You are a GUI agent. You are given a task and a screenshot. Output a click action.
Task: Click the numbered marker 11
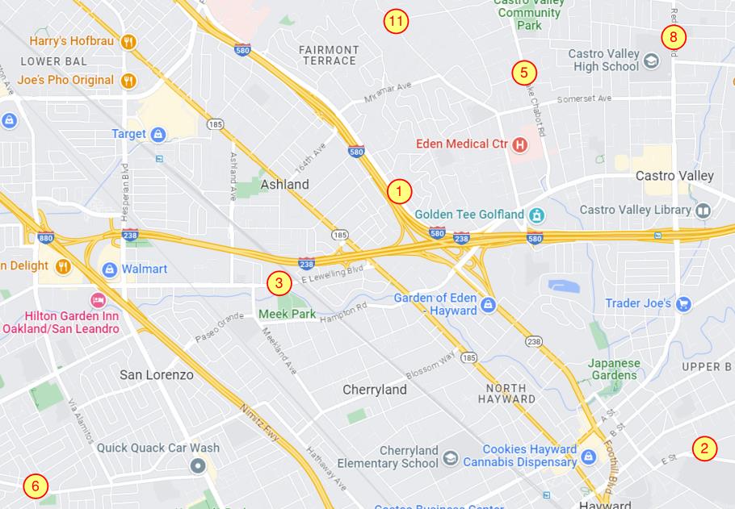[x=395, y=22]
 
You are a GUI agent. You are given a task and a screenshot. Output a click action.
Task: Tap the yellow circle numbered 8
[x=673, y=37]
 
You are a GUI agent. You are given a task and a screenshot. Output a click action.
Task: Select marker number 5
[x=523, y=73]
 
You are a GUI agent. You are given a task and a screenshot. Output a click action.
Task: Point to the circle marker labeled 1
[x=399, y=192]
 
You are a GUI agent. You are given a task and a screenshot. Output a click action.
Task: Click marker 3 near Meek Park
[x=279, y=283]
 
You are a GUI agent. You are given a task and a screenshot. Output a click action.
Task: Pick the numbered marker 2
[x=704, y=449]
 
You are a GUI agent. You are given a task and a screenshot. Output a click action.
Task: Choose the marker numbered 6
[x=35, y=486]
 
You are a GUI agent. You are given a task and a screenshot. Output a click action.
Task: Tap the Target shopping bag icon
[x=158, y=134]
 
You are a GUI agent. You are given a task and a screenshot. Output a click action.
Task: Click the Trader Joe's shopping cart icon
[x=683, y=303]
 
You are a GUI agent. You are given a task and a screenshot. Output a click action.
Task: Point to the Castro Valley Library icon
[x=703, y=210]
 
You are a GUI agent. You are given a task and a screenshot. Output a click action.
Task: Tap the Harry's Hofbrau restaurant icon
[x=128, y=41]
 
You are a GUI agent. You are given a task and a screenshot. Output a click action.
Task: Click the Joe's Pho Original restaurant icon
[x=128, y=80]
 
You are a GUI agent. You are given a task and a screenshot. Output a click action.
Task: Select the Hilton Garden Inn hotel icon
[x=98, y=300]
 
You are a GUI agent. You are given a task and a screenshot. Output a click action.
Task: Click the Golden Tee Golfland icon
[x=535, y=215]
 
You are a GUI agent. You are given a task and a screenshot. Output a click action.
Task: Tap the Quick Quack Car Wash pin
[x=198, y=465]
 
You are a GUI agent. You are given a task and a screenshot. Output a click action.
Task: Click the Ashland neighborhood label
[x=284, y=185]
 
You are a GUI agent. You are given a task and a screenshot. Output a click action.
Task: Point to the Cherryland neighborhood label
[x=375, y=390]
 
